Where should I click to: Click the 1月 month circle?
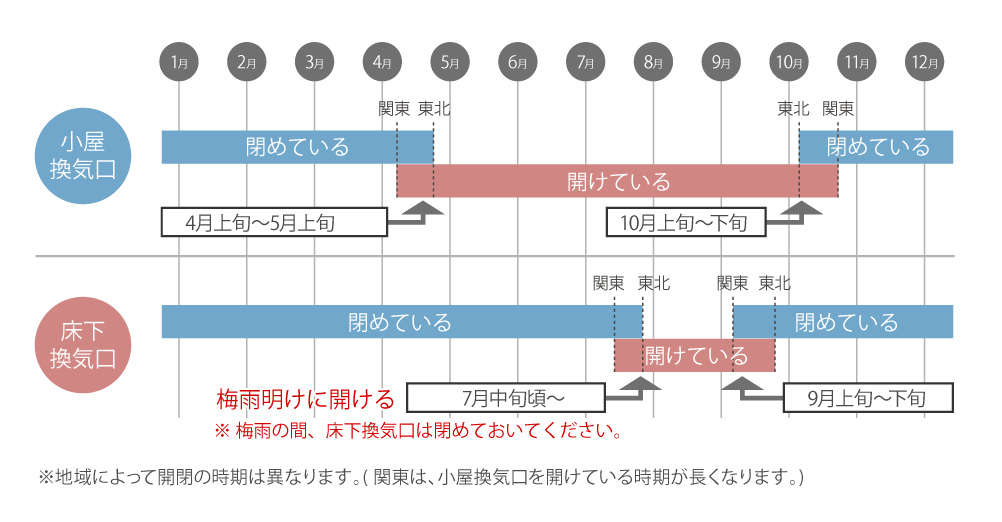[179, 62]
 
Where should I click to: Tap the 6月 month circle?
[518, 62]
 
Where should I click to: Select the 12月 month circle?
[925, 62]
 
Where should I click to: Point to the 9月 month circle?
[721, 62]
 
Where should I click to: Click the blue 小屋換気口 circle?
[83, 156]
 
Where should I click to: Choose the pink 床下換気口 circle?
[83, 345]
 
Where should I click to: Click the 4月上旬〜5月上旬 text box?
[274, 222]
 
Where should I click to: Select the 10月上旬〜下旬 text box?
[686, 222]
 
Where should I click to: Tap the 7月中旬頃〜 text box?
[505, 397]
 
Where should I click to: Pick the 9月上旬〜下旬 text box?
[868, 398]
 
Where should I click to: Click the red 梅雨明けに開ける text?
[306, 399]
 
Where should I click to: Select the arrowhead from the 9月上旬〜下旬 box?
[742, 383]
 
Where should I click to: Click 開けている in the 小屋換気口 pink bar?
[619, 182]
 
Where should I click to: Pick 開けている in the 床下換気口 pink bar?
[696, 356]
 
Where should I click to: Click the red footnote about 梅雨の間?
[419, 431]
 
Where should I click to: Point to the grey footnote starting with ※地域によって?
[421, 477]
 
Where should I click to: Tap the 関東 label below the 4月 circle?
[394, 109]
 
